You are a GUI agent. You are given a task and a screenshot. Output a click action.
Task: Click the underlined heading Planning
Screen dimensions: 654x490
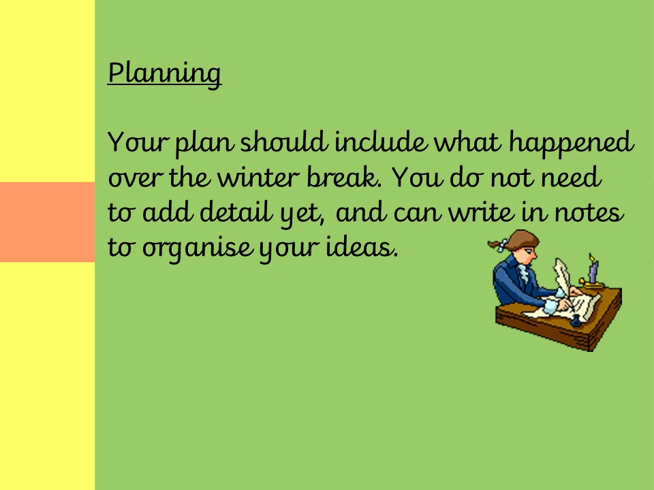164,73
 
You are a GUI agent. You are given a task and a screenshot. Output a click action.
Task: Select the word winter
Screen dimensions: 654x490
259,177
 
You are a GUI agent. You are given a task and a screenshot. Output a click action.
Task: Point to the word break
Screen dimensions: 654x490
344,177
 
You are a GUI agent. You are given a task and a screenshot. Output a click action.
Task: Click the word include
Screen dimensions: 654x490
381,142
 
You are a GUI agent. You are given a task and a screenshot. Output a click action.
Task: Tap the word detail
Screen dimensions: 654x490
236,212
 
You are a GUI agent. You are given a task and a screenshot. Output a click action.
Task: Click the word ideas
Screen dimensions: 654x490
362,247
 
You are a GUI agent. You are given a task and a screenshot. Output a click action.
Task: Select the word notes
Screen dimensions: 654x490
589,212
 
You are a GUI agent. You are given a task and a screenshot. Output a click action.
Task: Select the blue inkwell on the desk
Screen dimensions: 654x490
576,321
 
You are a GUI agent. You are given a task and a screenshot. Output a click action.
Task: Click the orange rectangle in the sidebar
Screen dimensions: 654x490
48,222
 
